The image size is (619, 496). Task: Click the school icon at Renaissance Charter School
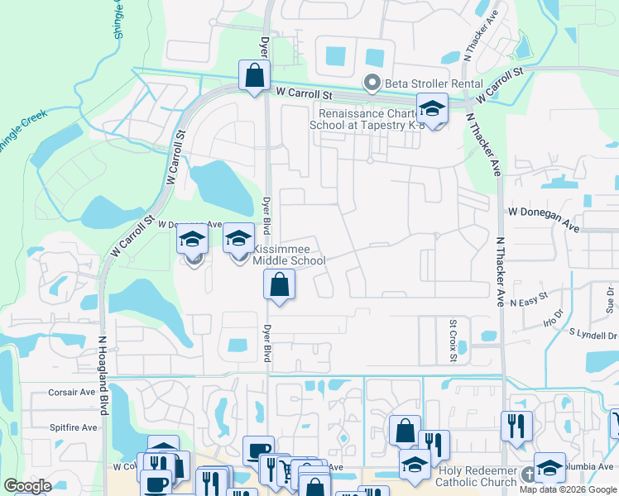(431, 109)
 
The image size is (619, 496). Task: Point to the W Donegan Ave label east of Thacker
(543, 217)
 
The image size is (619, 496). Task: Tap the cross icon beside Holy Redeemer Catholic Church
(530, 477)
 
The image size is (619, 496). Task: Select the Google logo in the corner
(27, 486)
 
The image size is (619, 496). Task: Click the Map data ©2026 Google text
(568, 489)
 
